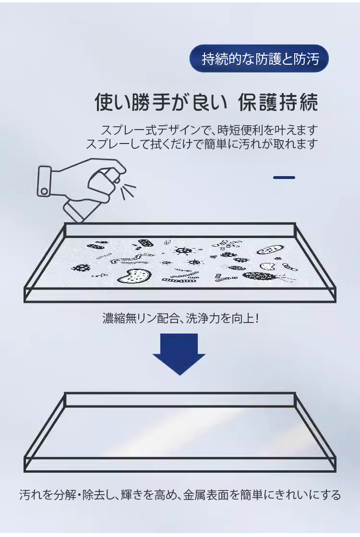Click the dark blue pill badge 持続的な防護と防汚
[259, 59]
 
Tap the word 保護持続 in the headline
[278, 102]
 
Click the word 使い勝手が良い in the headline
[161, 102]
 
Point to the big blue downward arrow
[179, 354]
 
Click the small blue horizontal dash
[284, 178]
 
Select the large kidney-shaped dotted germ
[134, 276]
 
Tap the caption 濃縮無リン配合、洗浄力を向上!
[180, 319]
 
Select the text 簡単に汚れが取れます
[261, 144]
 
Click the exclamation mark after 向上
[257, 319]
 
